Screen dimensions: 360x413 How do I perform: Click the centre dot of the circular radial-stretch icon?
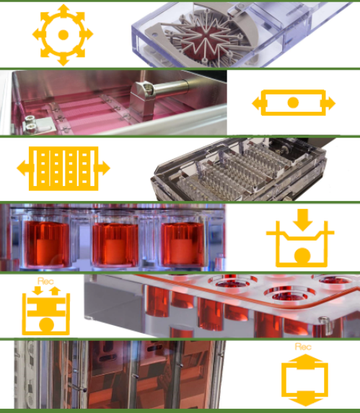point(63,35)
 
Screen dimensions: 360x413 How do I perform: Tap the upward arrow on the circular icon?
point(63,11)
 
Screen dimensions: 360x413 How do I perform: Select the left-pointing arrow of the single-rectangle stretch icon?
point(258,103)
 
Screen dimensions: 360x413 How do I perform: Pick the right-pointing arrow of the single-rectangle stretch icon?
point(329,103)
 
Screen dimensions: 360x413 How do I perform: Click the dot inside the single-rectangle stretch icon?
point(293,103)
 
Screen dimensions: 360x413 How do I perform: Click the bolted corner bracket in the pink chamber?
point(38,125)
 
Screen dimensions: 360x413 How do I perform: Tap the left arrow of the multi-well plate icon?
point(25,168)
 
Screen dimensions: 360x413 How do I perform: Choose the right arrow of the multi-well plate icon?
point(102,168)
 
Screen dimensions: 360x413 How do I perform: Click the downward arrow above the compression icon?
point(302,220)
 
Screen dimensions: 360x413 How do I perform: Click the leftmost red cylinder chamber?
point(47,243)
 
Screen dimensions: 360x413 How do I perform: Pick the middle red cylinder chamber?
point(115,244)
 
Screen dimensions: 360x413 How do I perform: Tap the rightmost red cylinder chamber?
point(183,244)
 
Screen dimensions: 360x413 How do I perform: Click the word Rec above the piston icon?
point(46,281)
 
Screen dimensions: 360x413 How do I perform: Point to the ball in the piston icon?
point(47,325)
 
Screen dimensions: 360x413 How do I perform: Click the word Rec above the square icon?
point(303,347)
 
